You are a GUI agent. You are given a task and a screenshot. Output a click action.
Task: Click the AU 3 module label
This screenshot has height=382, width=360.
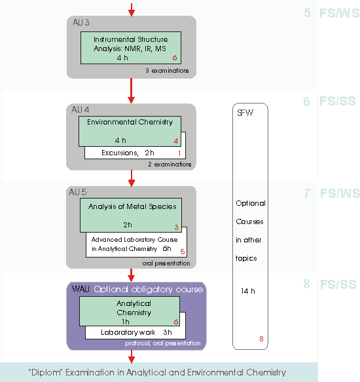(x=81, y=23)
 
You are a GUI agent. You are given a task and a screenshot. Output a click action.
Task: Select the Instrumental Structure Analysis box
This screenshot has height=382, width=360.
(x=131, y=48)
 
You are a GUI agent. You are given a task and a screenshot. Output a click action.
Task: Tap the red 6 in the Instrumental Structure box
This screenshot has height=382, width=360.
(x=175, y=58)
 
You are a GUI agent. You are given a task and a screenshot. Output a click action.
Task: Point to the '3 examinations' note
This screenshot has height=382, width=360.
(x=167, y=71)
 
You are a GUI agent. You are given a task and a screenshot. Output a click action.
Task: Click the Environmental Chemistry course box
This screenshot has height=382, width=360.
(x=130, y=131)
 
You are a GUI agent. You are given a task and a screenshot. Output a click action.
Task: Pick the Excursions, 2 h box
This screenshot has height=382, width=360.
(x=135, y=153)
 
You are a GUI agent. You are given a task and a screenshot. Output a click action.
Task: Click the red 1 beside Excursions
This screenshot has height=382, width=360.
(x=179, y=153)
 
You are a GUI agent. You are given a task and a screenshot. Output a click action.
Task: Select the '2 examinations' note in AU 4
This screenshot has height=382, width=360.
(x=170, y=164)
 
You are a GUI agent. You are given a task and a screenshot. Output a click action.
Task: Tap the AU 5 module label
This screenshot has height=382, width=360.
(x=78, y=192)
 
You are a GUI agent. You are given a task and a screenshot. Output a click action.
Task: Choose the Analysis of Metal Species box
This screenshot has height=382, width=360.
(x=131, y=215)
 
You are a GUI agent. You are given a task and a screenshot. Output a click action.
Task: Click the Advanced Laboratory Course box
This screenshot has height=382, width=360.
(x=137, y=244)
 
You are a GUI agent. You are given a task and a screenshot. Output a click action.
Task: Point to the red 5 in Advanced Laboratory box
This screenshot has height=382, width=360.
(x=183, y=252)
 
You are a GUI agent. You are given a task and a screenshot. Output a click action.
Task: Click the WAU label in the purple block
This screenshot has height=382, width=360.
(x=81, y=289)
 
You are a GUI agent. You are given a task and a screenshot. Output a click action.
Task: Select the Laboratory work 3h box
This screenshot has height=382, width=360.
(x=135, y=332)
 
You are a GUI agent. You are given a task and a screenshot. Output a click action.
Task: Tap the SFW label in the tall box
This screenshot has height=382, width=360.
(x=245, y=113)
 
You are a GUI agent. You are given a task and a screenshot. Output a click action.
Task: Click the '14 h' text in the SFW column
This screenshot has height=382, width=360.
(x=248, y=291)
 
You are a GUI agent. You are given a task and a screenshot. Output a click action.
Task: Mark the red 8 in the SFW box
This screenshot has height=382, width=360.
(x=261, y=339)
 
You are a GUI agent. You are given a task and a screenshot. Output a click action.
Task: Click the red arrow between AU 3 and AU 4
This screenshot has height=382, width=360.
(x=131, y=90)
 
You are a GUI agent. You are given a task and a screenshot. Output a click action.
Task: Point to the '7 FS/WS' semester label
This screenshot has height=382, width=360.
(x=332, y=193)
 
